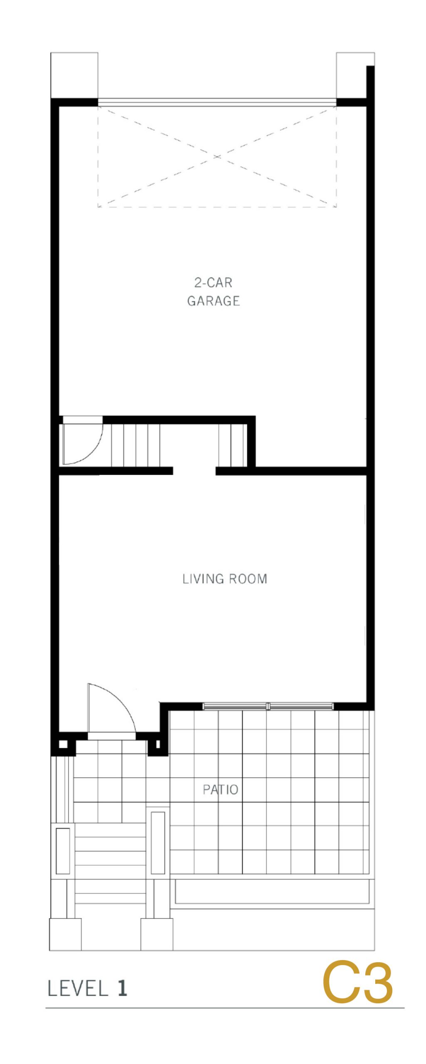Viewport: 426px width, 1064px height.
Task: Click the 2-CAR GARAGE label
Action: (213, 292)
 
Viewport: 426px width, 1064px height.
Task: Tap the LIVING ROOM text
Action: (225, 579)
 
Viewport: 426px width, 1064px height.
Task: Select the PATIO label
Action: (220, 789)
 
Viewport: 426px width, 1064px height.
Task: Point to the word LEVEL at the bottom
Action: (78, 989)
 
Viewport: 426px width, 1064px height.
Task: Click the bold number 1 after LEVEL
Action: (122, 988)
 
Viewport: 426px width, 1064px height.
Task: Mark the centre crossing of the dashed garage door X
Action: (217, 156)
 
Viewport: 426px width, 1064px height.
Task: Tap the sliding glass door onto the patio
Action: (268, 706)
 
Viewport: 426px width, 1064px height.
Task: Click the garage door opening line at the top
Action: (217, 102)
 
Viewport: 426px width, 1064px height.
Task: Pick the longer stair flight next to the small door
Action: (135, 445)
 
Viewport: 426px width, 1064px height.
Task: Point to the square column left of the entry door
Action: (63, 744)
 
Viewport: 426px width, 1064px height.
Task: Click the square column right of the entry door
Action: (158, 744)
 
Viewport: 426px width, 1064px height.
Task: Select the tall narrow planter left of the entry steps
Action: (63, 851)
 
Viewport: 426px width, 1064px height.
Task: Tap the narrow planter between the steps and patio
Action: (158, 842)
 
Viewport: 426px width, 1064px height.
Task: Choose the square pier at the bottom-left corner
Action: (65, 934)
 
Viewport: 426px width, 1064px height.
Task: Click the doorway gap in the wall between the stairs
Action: (194, 471)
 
